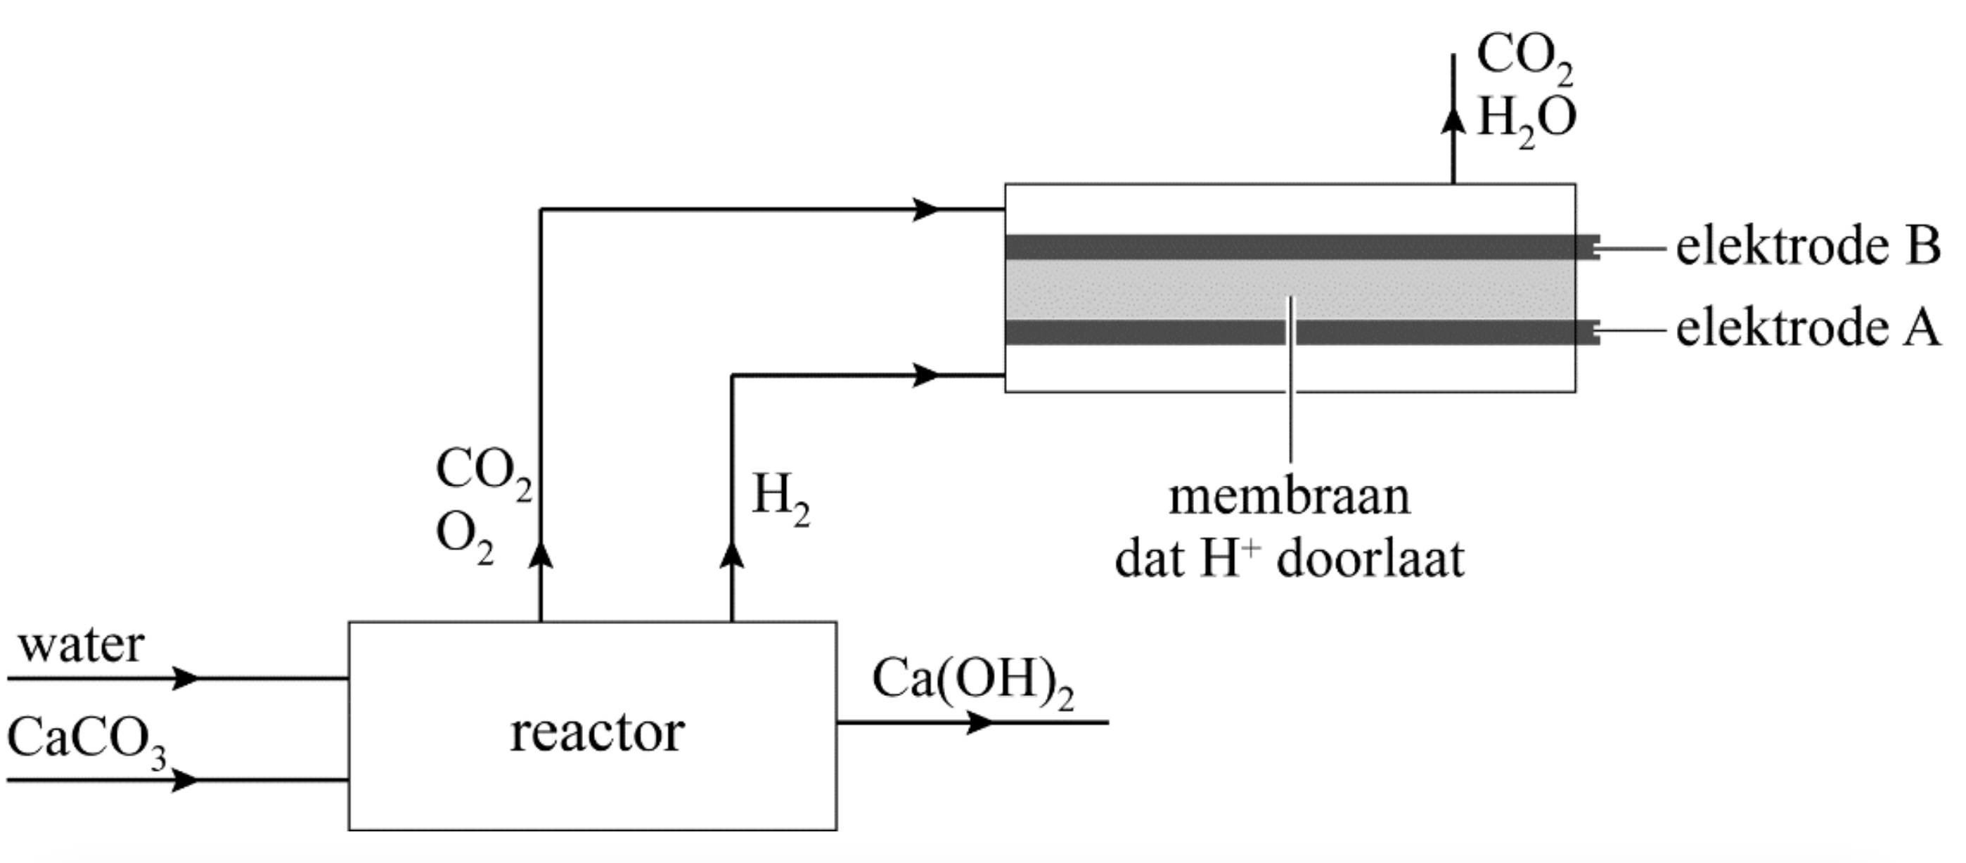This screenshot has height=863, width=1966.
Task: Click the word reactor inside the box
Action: (x=597, y=733)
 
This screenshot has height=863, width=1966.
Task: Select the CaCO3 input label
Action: (x=86, y=741)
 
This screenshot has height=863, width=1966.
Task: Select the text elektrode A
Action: (x=1807, y=329)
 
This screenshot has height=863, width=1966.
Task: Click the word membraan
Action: (x=1289, y=497)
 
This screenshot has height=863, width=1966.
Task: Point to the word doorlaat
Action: (x=1370, y=559)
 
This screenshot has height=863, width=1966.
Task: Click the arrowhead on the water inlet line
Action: (x=186, y=677)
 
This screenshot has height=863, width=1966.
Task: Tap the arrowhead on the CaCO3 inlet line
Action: (x=186, y=781)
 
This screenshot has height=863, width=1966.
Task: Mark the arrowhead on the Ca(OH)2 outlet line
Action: (x=981, y=722)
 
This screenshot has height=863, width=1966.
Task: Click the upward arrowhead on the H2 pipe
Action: (x=732, y=555)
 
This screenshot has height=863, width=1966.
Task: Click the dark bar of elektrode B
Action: (x=1290, y=247)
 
